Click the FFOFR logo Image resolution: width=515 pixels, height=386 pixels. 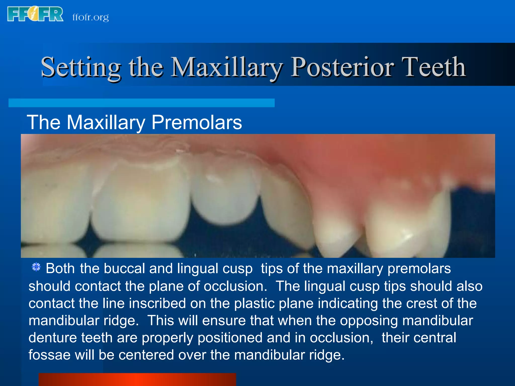[x=35, y=14]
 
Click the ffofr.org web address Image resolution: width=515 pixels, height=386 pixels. [x=91, y=17]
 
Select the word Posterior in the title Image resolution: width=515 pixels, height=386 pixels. [x=342, y=67]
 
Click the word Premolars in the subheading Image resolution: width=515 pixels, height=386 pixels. [x=196, y=122]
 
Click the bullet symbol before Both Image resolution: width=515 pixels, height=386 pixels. [x=36, y=267]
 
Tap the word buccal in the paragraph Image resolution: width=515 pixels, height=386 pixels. [x=124, y=268]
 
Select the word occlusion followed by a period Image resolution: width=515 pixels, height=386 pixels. [x=235, y=286]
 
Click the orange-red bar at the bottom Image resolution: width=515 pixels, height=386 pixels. [x=137, y=379]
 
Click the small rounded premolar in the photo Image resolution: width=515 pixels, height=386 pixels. [x=225, y=196]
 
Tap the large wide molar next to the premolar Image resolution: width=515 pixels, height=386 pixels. [x=141, y=201]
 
